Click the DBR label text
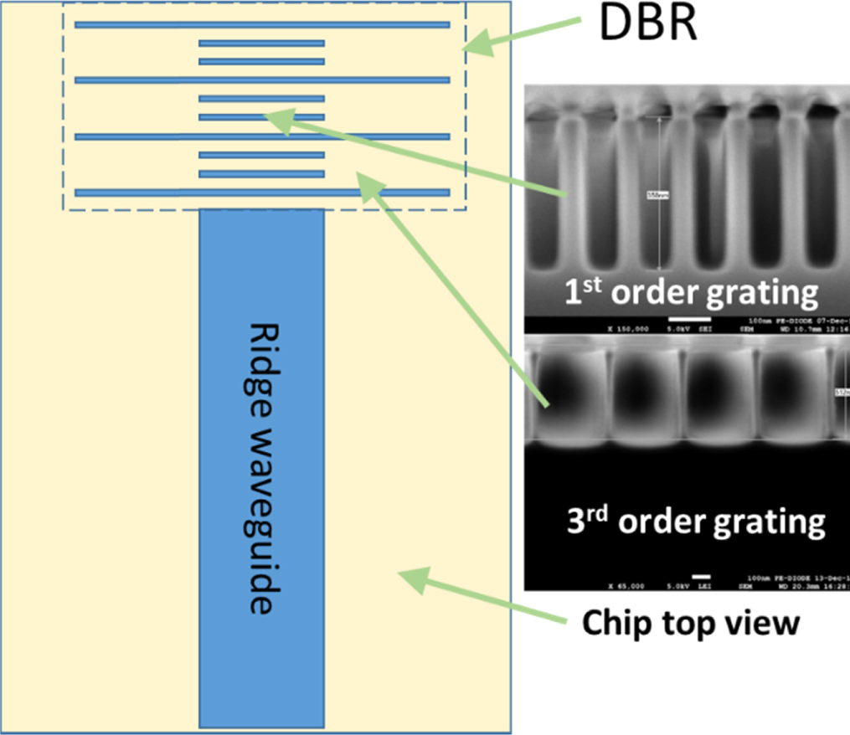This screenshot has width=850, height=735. point(648,24)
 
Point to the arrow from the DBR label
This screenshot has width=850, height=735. point(523,39)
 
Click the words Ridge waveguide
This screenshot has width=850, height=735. point(261,469)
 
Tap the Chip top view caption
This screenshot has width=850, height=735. point(691,623)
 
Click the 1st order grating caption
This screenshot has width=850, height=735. point(689,293)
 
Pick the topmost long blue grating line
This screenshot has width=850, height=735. point(262,24)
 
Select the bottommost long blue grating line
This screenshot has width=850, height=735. point(262,193)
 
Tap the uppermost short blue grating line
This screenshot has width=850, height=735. point(261,44)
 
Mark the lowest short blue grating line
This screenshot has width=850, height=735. point(261,174)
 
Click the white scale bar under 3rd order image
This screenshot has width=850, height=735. point(702,576)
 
